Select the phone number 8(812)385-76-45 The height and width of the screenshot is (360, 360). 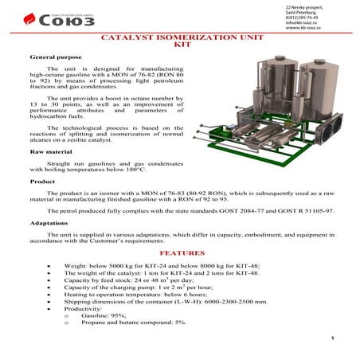point(304,18)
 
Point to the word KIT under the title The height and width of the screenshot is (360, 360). point(179,46)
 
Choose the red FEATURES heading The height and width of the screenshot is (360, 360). point(179,252)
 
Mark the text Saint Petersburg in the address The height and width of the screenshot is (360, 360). point(300,12)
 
